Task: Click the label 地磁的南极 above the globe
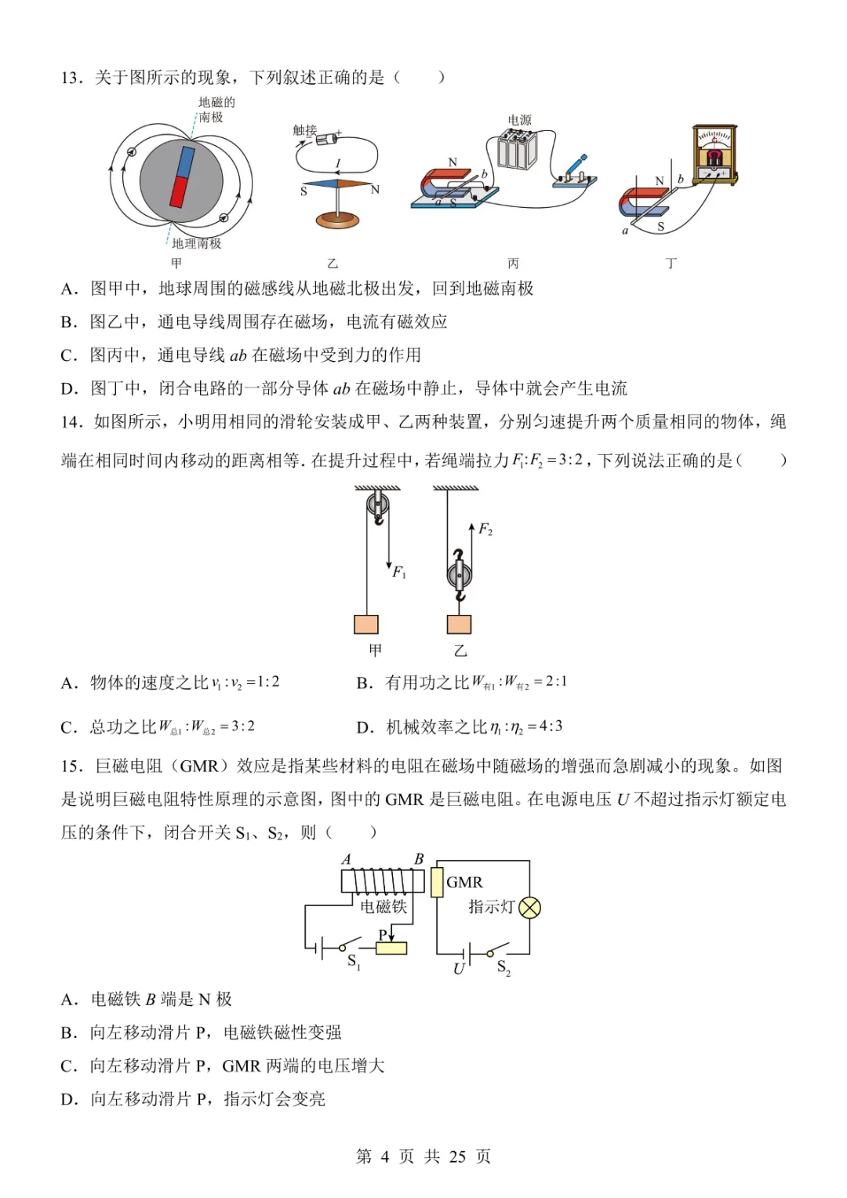(216, 110)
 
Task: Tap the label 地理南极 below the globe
(197, 243)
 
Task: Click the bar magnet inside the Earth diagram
(181, 177)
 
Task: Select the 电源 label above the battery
(519, 120)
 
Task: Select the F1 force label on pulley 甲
(399, 573)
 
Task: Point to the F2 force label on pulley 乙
(485, 530)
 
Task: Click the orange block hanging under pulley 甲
(366, 624)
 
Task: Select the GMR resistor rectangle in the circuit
(437, 882)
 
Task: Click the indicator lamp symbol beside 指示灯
(530, 908)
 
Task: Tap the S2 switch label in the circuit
(503, 967)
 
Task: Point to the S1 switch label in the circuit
(354, 961)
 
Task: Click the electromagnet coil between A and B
(377, 882)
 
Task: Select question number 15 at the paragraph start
(71, 766)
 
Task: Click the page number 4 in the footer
(384, 1156)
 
